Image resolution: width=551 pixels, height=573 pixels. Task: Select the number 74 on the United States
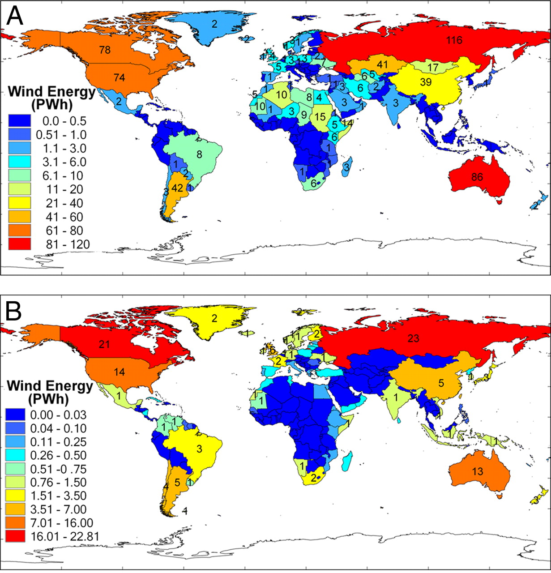tap(119, 77)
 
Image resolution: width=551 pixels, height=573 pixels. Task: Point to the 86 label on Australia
tap(477, 177)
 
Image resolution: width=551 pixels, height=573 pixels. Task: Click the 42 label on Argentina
tap(177, 188)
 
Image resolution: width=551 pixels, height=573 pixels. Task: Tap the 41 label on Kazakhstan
tap(381, 65)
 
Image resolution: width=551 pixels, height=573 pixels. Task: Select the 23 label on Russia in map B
tap(413, 338)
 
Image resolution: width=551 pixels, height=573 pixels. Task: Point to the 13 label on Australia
tap(477, 470)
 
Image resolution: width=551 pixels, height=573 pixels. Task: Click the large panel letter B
tap(14, 311)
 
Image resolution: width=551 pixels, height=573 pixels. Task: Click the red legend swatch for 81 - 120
tap(20, 244)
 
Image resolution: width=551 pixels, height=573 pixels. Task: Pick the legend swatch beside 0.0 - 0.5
tap(20, 121)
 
